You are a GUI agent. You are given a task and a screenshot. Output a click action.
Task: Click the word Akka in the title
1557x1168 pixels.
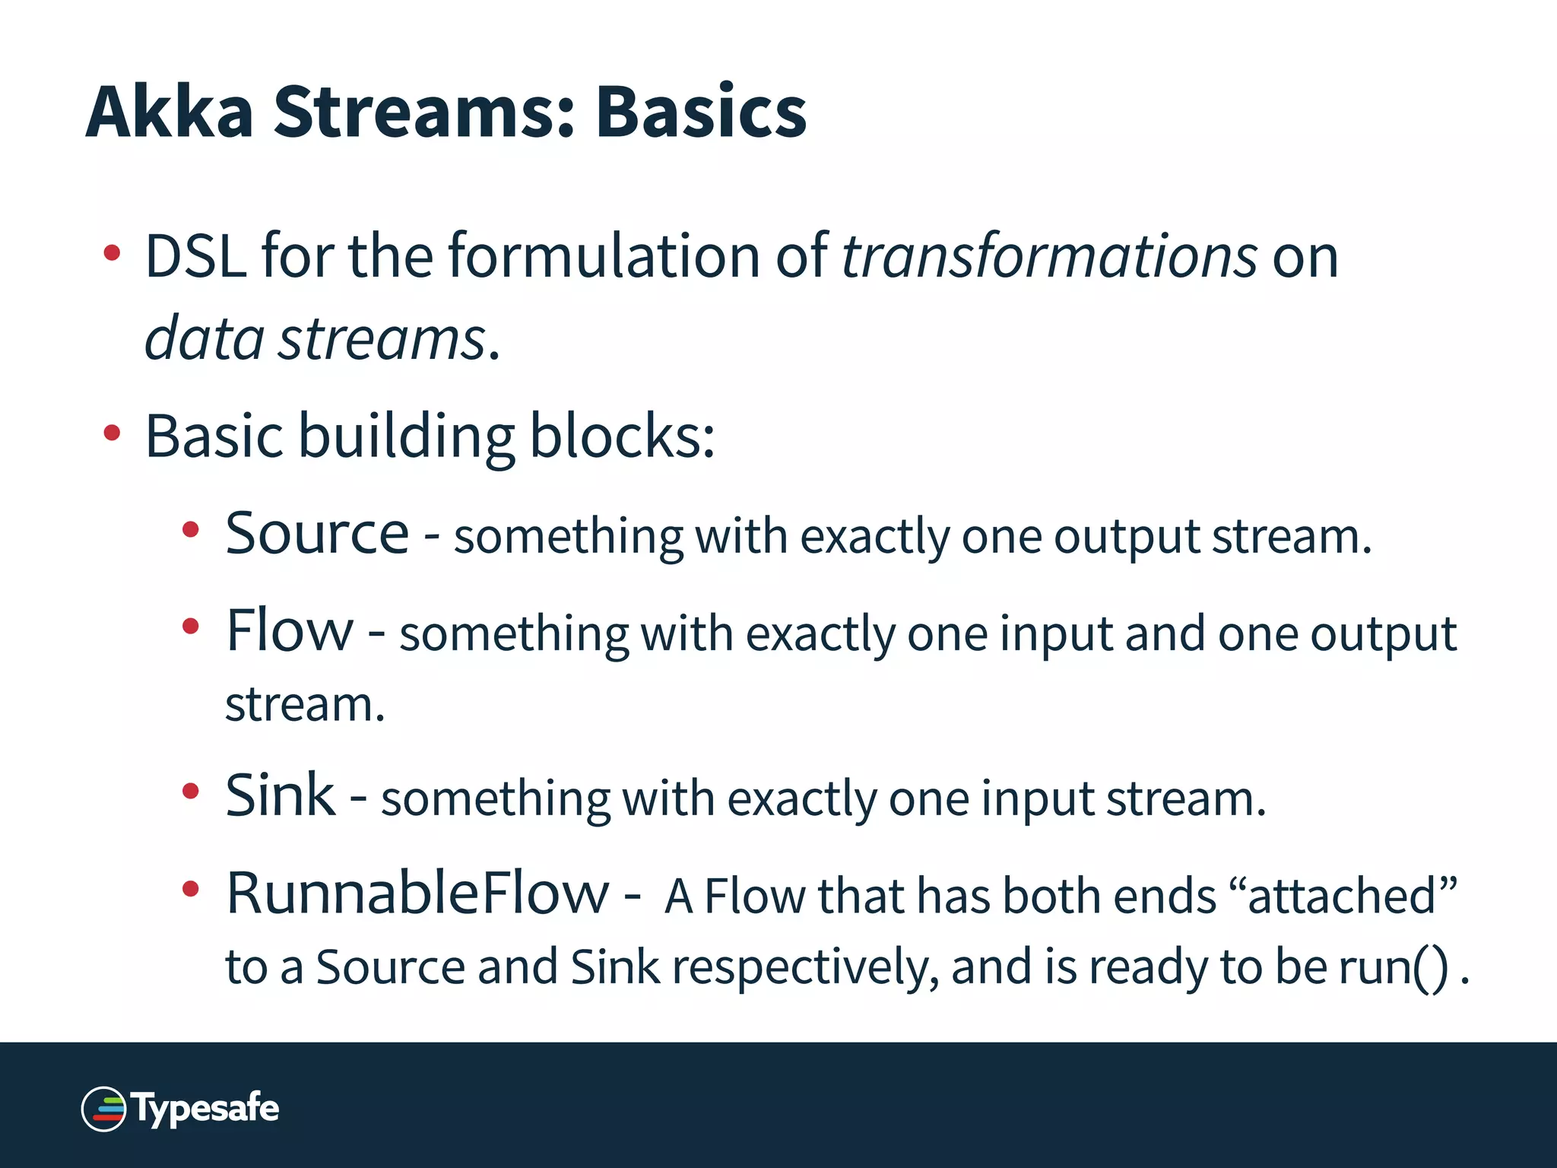[x=169, y=113]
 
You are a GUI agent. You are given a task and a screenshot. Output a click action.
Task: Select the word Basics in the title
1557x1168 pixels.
[x=700, y=113]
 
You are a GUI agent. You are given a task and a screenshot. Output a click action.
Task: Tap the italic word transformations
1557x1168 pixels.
[x=1049, y=256]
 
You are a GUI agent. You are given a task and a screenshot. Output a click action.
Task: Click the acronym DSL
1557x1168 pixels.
[x=195, y=256]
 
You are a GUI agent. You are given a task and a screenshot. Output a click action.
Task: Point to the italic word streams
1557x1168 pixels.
[x=382, y=338]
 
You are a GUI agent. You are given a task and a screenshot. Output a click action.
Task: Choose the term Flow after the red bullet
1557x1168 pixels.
[x=290, y=630]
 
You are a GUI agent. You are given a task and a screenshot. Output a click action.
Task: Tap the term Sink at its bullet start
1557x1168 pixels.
[x=280, y=795]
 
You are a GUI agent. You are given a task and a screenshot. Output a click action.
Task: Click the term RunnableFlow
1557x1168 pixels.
[x=417, y=893]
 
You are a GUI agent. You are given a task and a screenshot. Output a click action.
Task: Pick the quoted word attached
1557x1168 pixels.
[x=1342, y=896]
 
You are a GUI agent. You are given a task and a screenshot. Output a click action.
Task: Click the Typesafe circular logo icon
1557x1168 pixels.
[x=104, y=1109]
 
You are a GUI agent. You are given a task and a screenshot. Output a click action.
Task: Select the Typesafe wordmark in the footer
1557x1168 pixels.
[x=207, y=1109]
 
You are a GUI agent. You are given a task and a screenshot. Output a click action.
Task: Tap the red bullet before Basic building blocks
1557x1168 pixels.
[x=112, y=433]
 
